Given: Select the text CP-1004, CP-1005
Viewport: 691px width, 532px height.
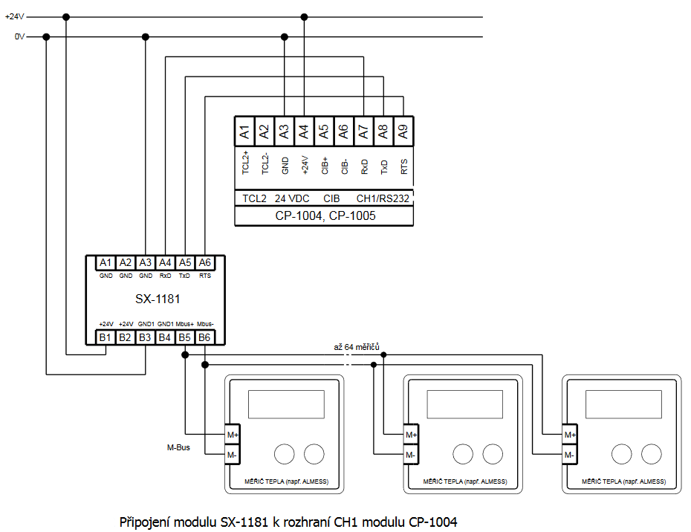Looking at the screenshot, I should (324, 216).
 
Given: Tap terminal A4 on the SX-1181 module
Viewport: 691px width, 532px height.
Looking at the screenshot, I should (166, 262).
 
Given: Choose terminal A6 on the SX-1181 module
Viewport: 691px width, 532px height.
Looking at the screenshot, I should (205, 262).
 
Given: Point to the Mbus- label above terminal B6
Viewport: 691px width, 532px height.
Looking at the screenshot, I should (206, 324).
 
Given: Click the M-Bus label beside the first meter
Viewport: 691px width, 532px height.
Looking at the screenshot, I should (178, 447).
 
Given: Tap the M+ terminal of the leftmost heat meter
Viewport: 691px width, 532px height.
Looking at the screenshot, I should (233, 435).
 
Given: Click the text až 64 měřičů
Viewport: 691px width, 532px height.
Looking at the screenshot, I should (357, 347).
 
